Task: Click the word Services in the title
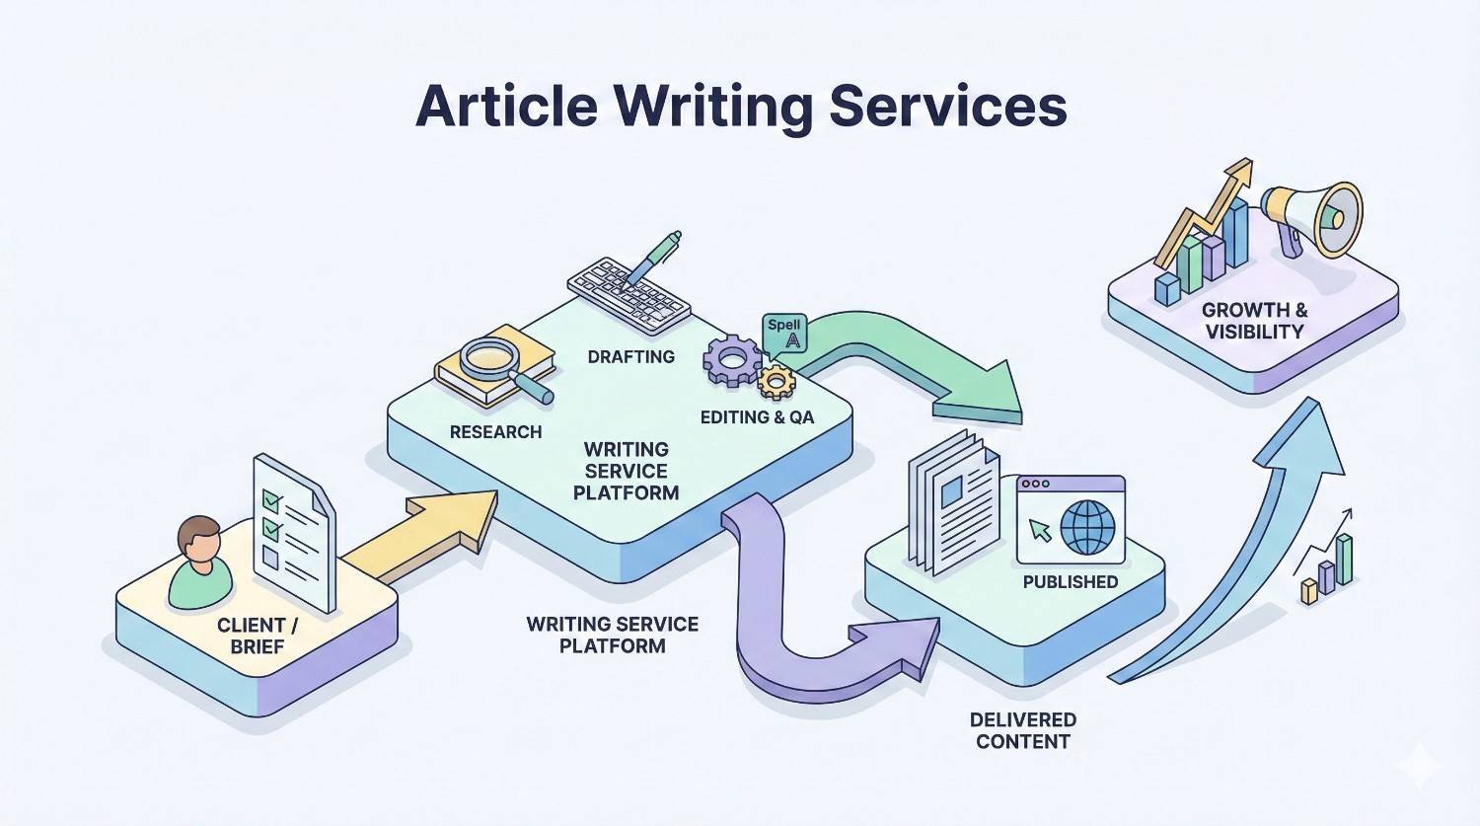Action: point(947,106)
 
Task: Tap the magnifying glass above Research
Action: point(490,360)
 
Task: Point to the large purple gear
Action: point(732,359)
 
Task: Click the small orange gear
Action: point(776,381)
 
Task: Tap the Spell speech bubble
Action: point(785,334)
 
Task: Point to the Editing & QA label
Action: point(757,417)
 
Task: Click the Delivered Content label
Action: point(1022,731)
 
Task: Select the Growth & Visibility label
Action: point(1254,321)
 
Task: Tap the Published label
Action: point(1070,582)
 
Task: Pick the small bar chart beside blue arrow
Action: point(1328,570)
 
